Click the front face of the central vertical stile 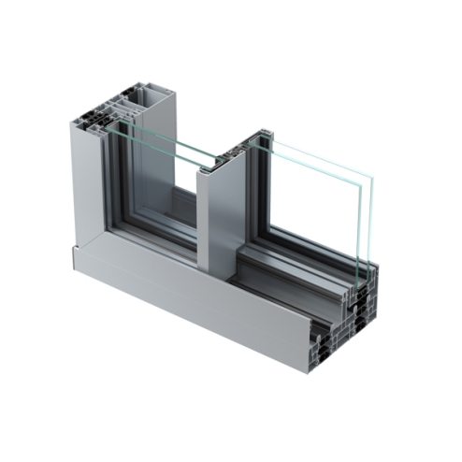coord(220,224)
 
